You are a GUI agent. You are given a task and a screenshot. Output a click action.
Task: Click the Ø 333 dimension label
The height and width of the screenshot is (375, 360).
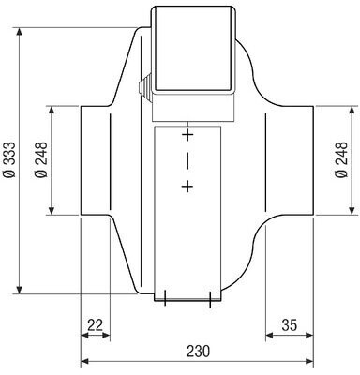tap(9, 160)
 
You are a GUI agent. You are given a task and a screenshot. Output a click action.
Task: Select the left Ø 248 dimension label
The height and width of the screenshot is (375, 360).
tap(41, 160)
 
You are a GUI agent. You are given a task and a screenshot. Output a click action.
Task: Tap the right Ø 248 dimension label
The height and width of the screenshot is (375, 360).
tap(341, 160)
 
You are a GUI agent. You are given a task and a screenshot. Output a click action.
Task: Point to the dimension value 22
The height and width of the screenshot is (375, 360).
tap(95, 325)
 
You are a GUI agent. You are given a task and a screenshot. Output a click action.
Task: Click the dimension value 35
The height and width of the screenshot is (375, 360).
tap(289, 325)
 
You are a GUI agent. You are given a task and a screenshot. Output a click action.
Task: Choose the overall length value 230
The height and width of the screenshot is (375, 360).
tap(199, 352)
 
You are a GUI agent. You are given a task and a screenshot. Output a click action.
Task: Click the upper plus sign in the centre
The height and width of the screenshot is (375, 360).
tap(187, 135)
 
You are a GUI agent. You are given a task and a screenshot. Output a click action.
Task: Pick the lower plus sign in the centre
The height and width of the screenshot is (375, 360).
tap(187, 187)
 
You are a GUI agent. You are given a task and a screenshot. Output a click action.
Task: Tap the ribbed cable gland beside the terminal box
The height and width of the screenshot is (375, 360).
tap(144, 88)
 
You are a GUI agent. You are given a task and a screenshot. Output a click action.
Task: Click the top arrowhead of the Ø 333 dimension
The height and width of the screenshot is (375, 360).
tap(20, 33)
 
